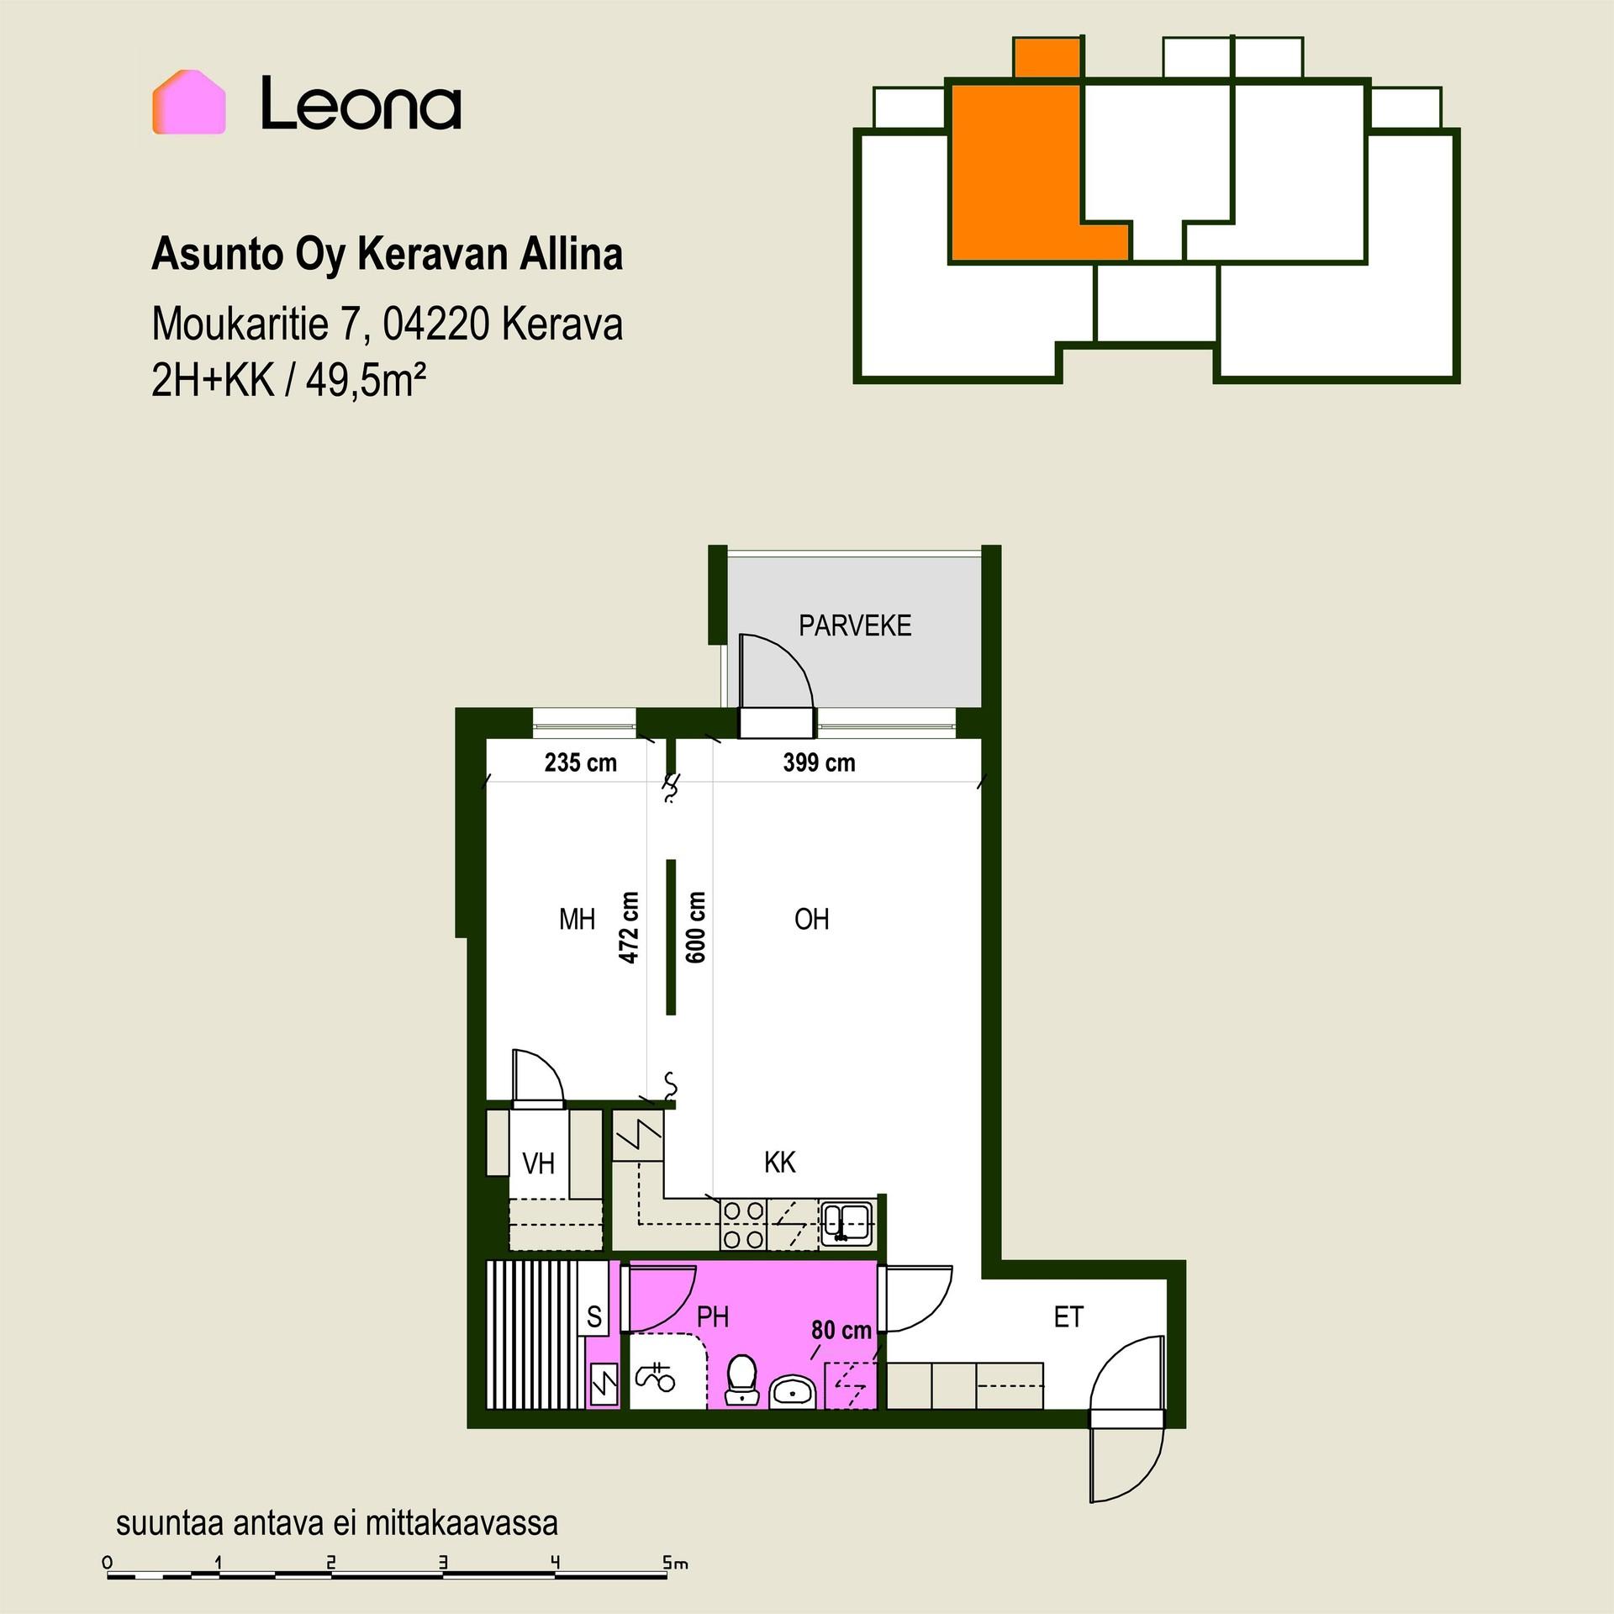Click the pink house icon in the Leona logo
point(188,102)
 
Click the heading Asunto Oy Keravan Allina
point(387,255)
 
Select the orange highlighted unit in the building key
point(1026,160)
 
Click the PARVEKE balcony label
point(855,625)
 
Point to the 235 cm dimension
point(580,762)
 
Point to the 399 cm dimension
point(819,762)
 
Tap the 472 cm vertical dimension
point(629,927)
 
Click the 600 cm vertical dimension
point(696,927)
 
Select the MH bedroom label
point(577,920)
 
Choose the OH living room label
point(811,920)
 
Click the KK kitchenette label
point(779,1163)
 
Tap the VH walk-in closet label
point(538,1163)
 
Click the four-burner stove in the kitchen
point(744,1224)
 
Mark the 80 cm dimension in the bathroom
point(841,1331)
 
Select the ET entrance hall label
point(1068,1317)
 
